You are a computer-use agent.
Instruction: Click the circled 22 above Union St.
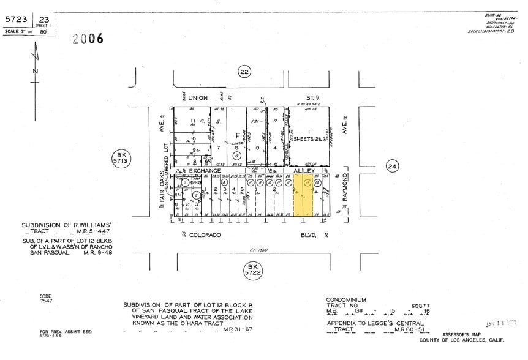point(244,72)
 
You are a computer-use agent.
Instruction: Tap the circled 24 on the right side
point(392,166)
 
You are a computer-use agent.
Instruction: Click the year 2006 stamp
point(88,39)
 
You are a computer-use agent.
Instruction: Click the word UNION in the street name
point(198,98)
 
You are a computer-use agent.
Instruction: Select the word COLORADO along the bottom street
point(205,234)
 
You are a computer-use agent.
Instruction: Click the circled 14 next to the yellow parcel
point(317,182)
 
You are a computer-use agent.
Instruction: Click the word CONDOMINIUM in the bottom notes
point(346,299)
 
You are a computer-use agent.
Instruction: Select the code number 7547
point(47,302)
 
